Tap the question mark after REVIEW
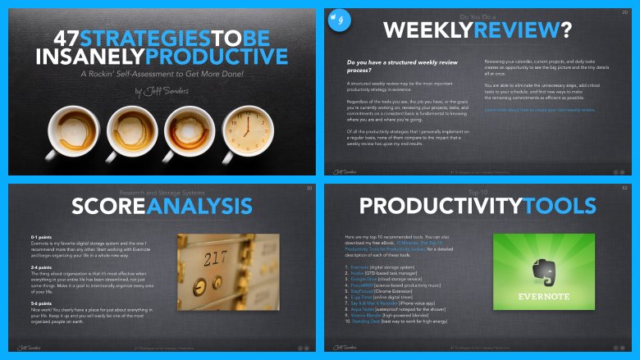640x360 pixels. coord(566,30)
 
